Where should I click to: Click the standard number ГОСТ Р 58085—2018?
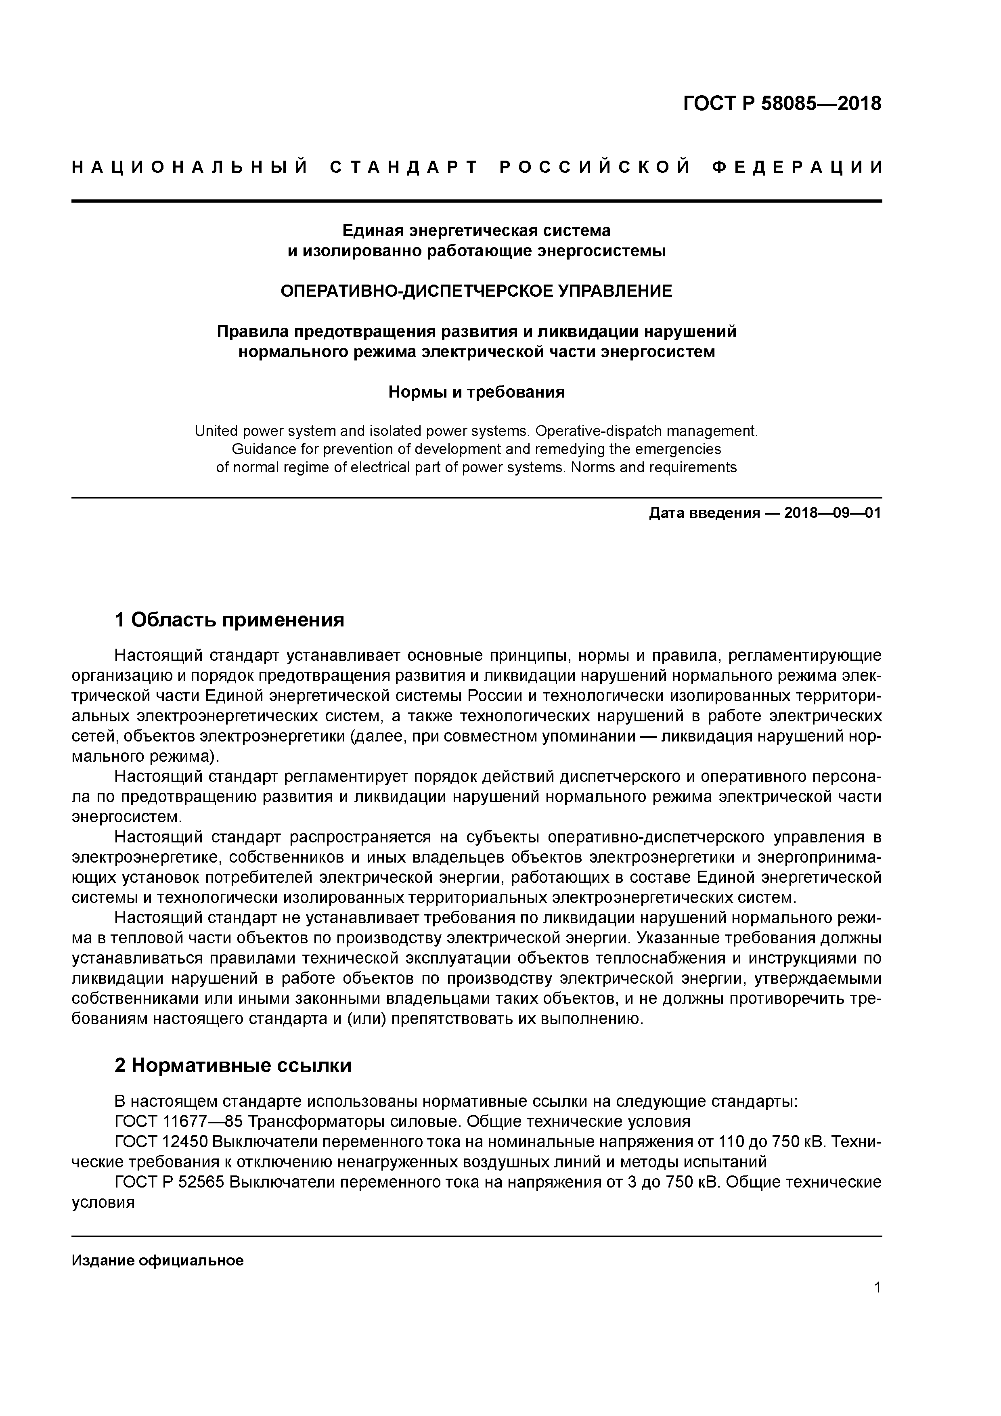click(x=782, y=104)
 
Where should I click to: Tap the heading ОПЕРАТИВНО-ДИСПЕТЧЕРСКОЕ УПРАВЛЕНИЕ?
click(x=476, y=291)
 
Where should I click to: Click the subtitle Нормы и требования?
click(x=476, y=392)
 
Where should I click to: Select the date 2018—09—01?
click(x=833, y=513)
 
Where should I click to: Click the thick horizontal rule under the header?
click(x=476, y=201)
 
